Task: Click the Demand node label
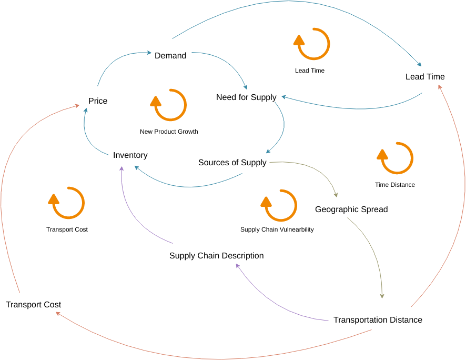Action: click(x=170, y=56)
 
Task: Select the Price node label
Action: click(x=98, y=101)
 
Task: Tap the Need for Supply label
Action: click(x=246, y=97)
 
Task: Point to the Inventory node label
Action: click(x=130, y=155)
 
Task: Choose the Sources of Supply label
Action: click(x=232, y=163)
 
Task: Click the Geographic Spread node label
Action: click(x=351, y=209)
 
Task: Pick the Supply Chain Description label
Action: click(x=216, y=256)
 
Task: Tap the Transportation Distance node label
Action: click(x=378, y=320)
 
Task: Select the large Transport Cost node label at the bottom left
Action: click(x=33, y=305)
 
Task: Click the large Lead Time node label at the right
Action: click(x=425, y=77)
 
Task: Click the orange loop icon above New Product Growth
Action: click(x=170, y=105)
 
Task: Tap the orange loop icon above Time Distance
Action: click(x=397, y=158)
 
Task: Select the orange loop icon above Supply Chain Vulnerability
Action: click(x=280, y=205)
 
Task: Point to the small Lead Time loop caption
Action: click(x=310, y=71)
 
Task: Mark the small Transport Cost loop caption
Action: click(x=67, y=229)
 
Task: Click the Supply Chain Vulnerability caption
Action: click(x=277, y=229)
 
